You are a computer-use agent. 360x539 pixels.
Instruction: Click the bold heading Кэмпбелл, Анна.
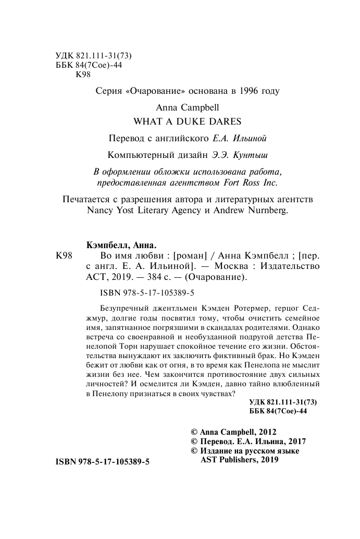pos(120,245)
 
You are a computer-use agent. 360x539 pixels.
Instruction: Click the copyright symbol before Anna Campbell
pos(195,432)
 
